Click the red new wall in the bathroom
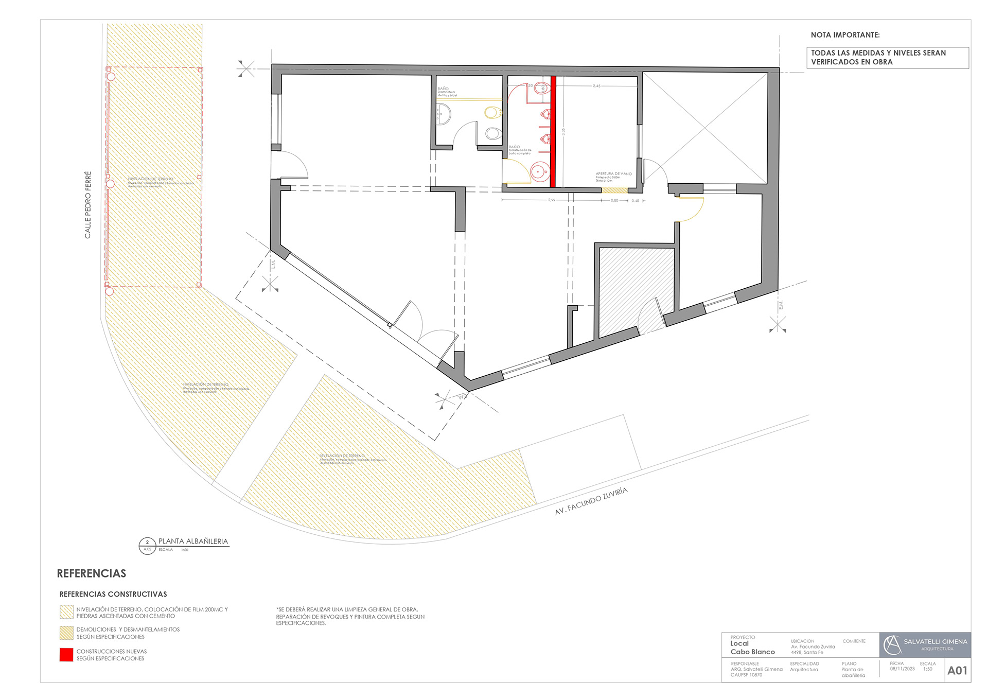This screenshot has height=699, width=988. (x=553, y=131)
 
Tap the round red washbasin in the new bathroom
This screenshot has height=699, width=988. (x=539, y=171)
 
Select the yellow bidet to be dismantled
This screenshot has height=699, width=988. (x=492, y=112)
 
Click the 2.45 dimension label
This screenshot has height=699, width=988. (x=596, y=86)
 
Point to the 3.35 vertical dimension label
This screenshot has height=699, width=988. (x=563, y=132)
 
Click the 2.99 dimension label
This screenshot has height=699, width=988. (x=552, y=200)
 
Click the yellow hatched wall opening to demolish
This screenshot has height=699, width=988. (x=614, y=190)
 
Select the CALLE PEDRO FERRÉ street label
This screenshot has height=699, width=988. (x=88, y=205)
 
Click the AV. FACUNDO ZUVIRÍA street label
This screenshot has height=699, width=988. (x=591, y=501)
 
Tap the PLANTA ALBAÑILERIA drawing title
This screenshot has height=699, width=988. (x=193, y=541)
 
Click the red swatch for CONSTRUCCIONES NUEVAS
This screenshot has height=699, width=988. (x=66, y=655)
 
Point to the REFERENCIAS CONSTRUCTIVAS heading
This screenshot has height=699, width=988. (x=113, y=595)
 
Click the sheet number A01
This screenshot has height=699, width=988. (x=957, y=671)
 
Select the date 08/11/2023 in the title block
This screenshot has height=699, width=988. (x=902, y=669)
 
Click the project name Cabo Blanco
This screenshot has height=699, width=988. (x=752, y=652)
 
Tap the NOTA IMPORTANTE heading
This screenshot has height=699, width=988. (x=845, y=35)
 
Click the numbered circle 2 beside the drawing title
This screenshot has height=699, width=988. (x=147, y=543)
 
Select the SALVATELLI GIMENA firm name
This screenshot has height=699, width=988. (x=935, y=642)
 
